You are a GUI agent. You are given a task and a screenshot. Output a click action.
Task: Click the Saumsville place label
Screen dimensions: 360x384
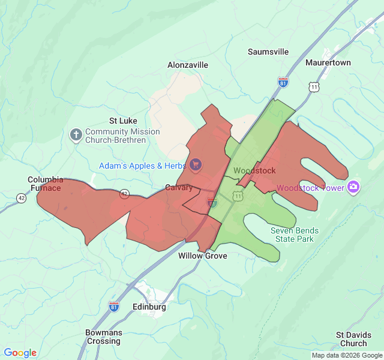click(268, 52)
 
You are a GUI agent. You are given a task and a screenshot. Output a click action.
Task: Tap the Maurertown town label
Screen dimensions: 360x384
click(328, 62)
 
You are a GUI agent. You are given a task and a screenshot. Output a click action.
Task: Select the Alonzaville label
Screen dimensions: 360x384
click(188, 65)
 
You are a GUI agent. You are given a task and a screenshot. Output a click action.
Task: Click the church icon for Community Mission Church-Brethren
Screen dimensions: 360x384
click(76, 134)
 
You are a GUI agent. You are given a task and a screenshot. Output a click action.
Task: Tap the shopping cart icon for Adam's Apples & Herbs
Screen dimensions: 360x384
click(195, 164)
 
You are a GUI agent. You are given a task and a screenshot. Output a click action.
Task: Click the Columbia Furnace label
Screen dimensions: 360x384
click(46, 184)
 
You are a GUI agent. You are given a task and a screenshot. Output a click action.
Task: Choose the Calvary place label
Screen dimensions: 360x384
click(179, 188)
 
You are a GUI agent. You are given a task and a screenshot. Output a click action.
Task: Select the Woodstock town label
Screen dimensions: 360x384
click(254, 171)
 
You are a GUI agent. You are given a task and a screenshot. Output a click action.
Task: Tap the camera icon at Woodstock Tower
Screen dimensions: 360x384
click(353, 188)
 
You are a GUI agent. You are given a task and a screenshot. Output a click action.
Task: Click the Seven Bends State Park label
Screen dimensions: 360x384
click(295, 235)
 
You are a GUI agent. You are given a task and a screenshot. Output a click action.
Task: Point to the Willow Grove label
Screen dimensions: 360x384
click(203, 256)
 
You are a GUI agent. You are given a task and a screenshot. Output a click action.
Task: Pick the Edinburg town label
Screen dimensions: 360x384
click(149, 307)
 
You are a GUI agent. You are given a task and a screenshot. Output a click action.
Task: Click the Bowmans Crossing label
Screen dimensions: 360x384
click(103, 337)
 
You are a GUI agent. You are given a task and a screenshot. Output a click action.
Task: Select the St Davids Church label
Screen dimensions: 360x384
click(352, 339)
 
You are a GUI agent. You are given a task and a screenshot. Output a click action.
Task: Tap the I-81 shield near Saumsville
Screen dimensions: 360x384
click(283, 82)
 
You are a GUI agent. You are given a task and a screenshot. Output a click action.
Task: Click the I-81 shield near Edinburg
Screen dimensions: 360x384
click(114, 307)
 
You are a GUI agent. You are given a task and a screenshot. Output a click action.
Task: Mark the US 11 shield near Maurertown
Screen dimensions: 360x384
click(314, 88)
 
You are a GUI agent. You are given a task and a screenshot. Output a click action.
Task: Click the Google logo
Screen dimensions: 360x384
click(20, 353)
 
